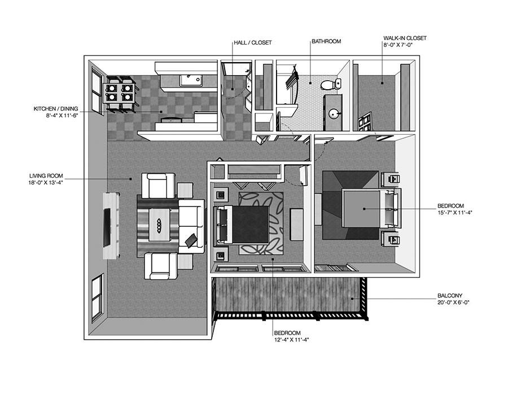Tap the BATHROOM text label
coord(326,42)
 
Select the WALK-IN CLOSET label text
coord(405,38)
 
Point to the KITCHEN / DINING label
coord(55,108)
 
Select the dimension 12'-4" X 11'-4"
coord(291,340)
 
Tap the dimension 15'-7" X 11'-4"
coord(458,213)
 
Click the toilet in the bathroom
coord(329,85)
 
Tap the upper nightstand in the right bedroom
coord(391,180)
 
